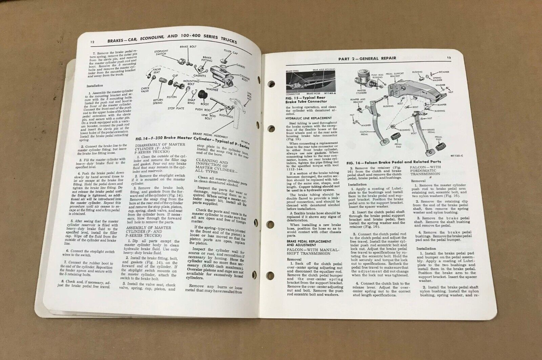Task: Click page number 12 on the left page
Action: (x=92, y=42)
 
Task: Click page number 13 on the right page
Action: (x=449, y=57)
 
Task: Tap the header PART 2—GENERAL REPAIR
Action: (x=367, y=60)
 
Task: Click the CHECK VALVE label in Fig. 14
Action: (x=145, y=90)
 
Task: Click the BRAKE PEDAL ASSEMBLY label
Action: (x=209, y=134)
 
